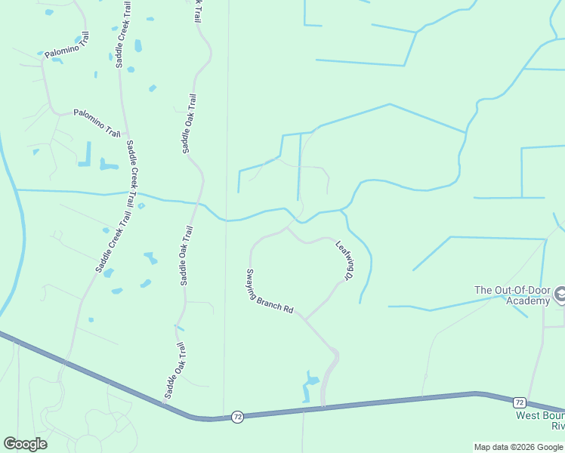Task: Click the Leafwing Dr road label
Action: (x=344, y=260)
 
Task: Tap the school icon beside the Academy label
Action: (x=560, y=294)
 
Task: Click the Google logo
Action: (x=25, y=444)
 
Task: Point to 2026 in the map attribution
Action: (x=526, y=447)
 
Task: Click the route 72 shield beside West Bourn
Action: (x=520, y=402)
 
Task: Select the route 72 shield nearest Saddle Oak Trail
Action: (x=237, y=417)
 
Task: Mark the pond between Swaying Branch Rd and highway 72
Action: (x=310, y=386)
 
